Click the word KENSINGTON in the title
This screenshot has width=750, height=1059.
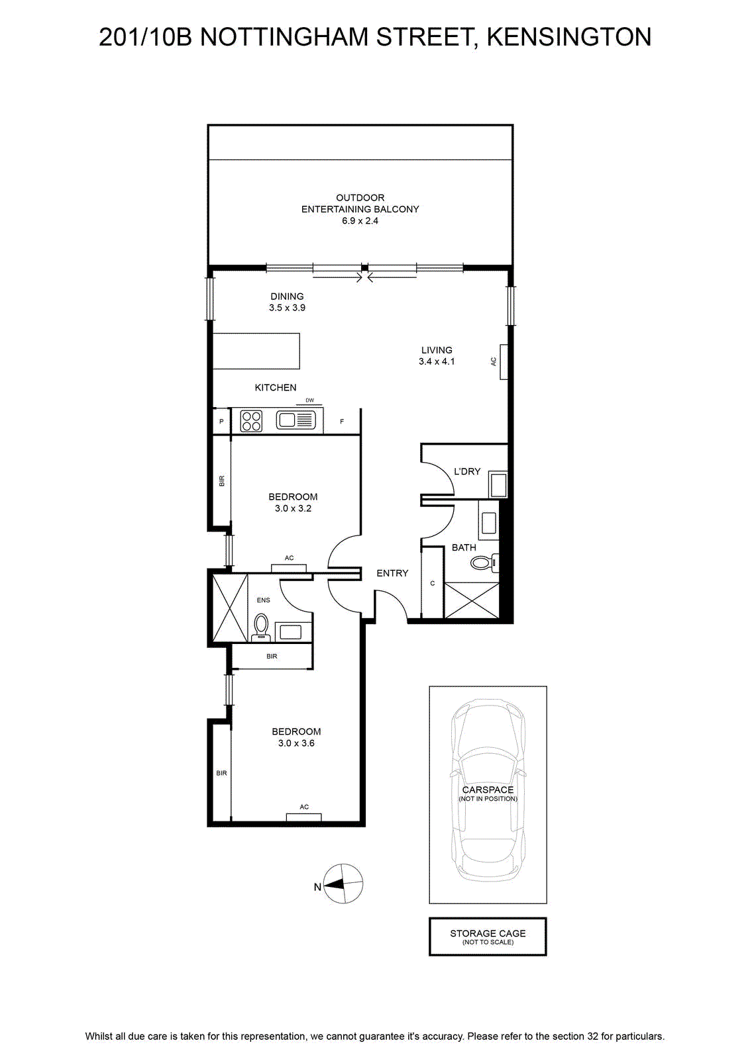coord(569,37)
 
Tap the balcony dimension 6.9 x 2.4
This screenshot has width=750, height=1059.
coord(360,221)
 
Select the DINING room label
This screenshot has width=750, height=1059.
coord(288,297)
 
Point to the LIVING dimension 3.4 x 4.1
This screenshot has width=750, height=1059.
coord(436,361)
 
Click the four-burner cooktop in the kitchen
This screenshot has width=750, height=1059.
coord(251,421)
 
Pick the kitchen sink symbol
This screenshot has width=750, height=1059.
coord(295,420)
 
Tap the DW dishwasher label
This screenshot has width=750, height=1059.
coord(309,400)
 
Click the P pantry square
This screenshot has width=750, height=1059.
coord(221,421)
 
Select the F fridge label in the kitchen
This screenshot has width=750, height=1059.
coord(342,422)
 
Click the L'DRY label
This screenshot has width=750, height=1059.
coord(467,471)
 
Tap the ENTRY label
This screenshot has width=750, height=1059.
coord(392,573)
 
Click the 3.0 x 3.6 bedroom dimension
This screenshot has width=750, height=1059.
coord(296,743)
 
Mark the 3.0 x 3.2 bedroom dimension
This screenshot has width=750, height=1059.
coord(293,509)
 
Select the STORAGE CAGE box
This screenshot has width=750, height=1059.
coord(488,937)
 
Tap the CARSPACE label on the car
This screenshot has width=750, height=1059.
coord(488,790)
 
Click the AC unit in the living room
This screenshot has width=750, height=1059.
coord(503,361)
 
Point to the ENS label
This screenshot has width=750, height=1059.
coord(264,600)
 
